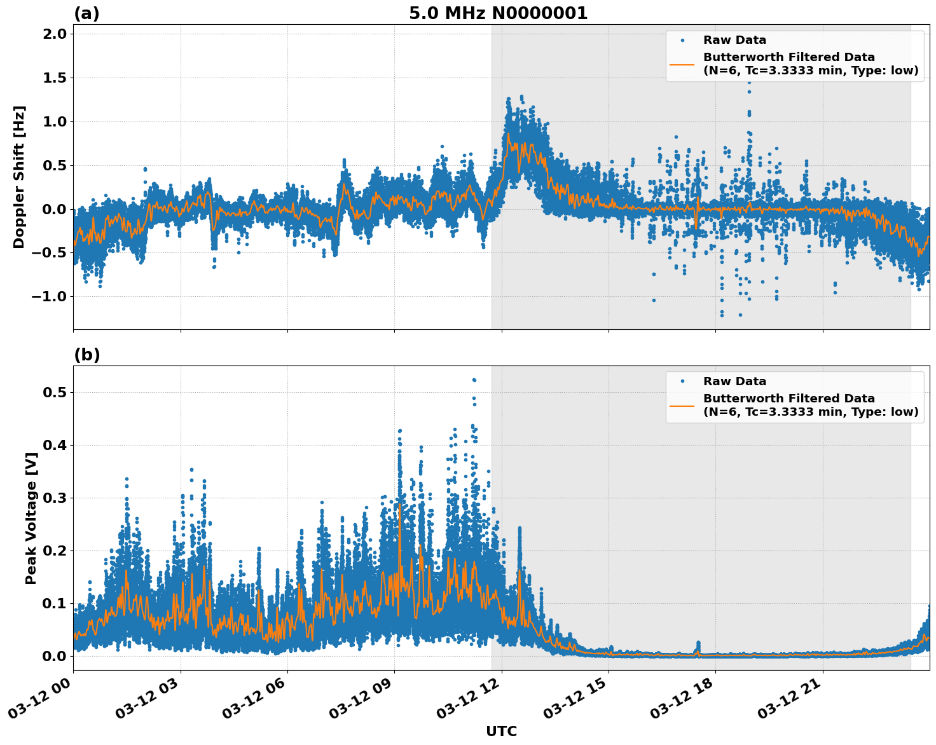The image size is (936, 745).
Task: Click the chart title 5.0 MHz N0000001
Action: (x=498, y=13)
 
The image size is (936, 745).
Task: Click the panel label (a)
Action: (x=86, y=13)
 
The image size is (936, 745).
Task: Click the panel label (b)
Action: (x=86, y=355)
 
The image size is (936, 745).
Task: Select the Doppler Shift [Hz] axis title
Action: (x=19, y=177)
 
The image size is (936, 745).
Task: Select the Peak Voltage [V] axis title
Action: (x=31, y=518)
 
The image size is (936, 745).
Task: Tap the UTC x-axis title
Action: (x=501, y=731)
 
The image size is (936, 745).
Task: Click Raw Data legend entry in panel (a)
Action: (x=734, y=40)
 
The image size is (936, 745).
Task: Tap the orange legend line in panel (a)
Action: (x=682, y=64)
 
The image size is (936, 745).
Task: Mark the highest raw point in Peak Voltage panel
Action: (x=474, y=380)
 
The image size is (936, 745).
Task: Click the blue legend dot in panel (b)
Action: (x=682, y=381)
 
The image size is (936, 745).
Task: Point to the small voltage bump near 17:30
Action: (x=698, y=645)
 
